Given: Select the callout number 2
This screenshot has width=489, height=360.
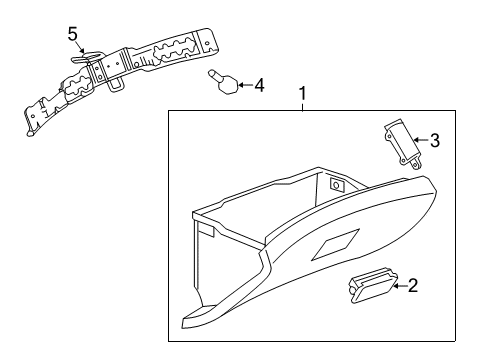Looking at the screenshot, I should (x=414, y=286).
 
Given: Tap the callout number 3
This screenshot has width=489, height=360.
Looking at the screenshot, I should (x=434, y=140).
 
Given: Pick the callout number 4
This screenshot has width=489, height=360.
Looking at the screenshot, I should (x=259, y=85).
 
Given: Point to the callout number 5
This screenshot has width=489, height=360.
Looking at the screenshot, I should (x=72, y=34).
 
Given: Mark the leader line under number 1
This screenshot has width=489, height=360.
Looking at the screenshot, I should (x=302, y=109).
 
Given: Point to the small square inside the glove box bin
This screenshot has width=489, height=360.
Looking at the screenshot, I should (x=336, y=185).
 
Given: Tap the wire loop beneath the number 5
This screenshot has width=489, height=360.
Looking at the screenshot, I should (x=78, y=60).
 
